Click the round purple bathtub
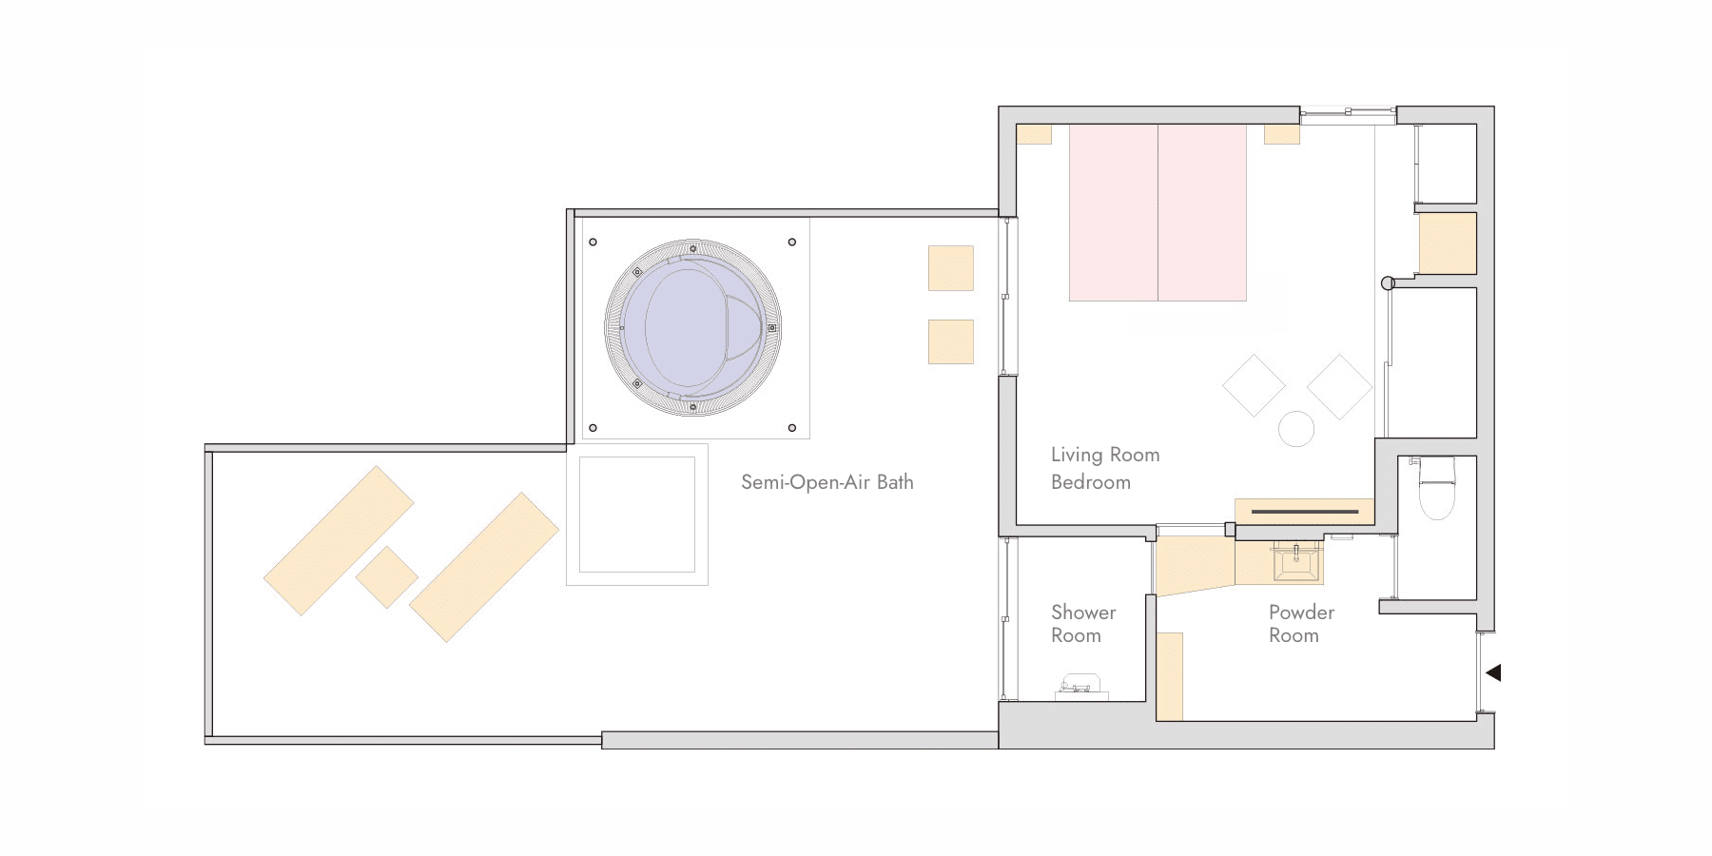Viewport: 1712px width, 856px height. click(x=693, y=327)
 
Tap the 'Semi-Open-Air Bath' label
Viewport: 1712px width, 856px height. click(x=827, y=482)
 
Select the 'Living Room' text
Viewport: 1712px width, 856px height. click(x=1105, y=455)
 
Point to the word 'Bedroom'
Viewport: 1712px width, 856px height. click(x=1091, y=482)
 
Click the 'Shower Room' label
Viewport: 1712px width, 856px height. click(x=1083, y=624)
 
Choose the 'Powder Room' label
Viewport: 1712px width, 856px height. click(x=1301, y=624)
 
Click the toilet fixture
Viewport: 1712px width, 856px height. click(x=1436, y=488)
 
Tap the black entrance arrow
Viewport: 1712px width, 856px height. click(x=1493, y=672)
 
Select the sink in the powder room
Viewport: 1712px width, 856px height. click(x=1296, y=561)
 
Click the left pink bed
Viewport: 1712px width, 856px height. click(x=1114, y=212)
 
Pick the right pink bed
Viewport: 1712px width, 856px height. click(x=1202, y=212)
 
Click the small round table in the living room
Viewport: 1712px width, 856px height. click(x=1296, y=429)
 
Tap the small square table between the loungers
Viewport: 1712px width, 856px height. click(x=387, y=577)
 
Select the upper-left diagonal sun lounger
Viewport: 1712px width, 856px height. click(x=339, y=540)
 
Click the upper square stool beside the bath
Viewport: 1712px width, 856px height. click(x=951, y=268)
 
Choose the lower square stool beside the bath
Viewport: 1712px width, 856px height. click(x=951, y=341)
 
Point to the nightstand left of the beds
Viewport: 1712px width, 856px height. click(x=1034, y=134)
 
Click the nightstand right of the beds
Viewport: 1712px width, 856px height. click(x=1282, y=134)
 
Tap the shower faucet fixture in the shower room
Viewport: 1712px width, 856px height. click(x=1080, y=685)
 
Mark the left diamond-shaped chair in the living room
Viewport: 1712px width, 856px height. click(x=1254, y=385)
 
